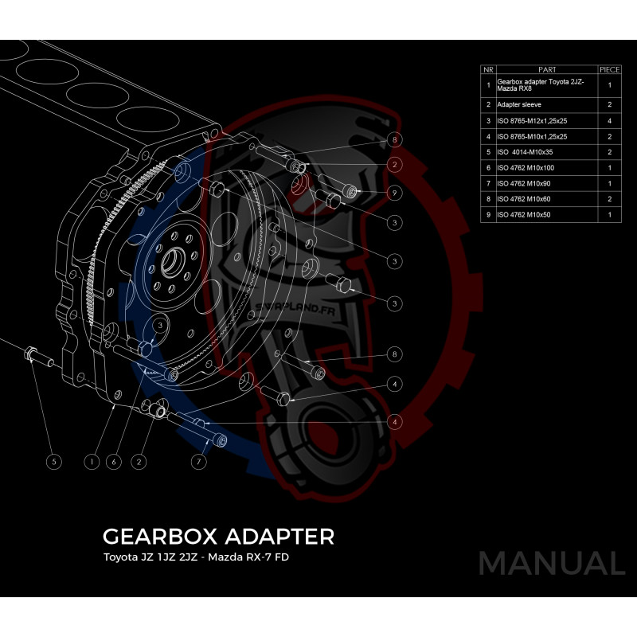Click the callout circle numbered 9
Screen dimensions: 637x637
coord(393,192)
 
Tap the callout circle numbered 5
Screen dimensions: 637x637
coord(53,460)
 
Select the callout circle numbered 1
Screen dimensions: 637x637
coord(92,460)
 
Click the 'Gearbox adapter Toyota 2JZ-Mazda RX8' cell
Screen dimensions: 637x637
coord(543,84)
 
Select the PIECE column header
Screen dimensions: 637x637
coord(609,69)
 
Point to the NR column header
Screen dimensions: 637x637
coord(487,69)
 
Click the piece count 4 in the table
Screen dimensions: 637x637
coord(609,120)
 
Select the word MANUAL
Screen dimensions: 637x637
coord(551,563)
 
